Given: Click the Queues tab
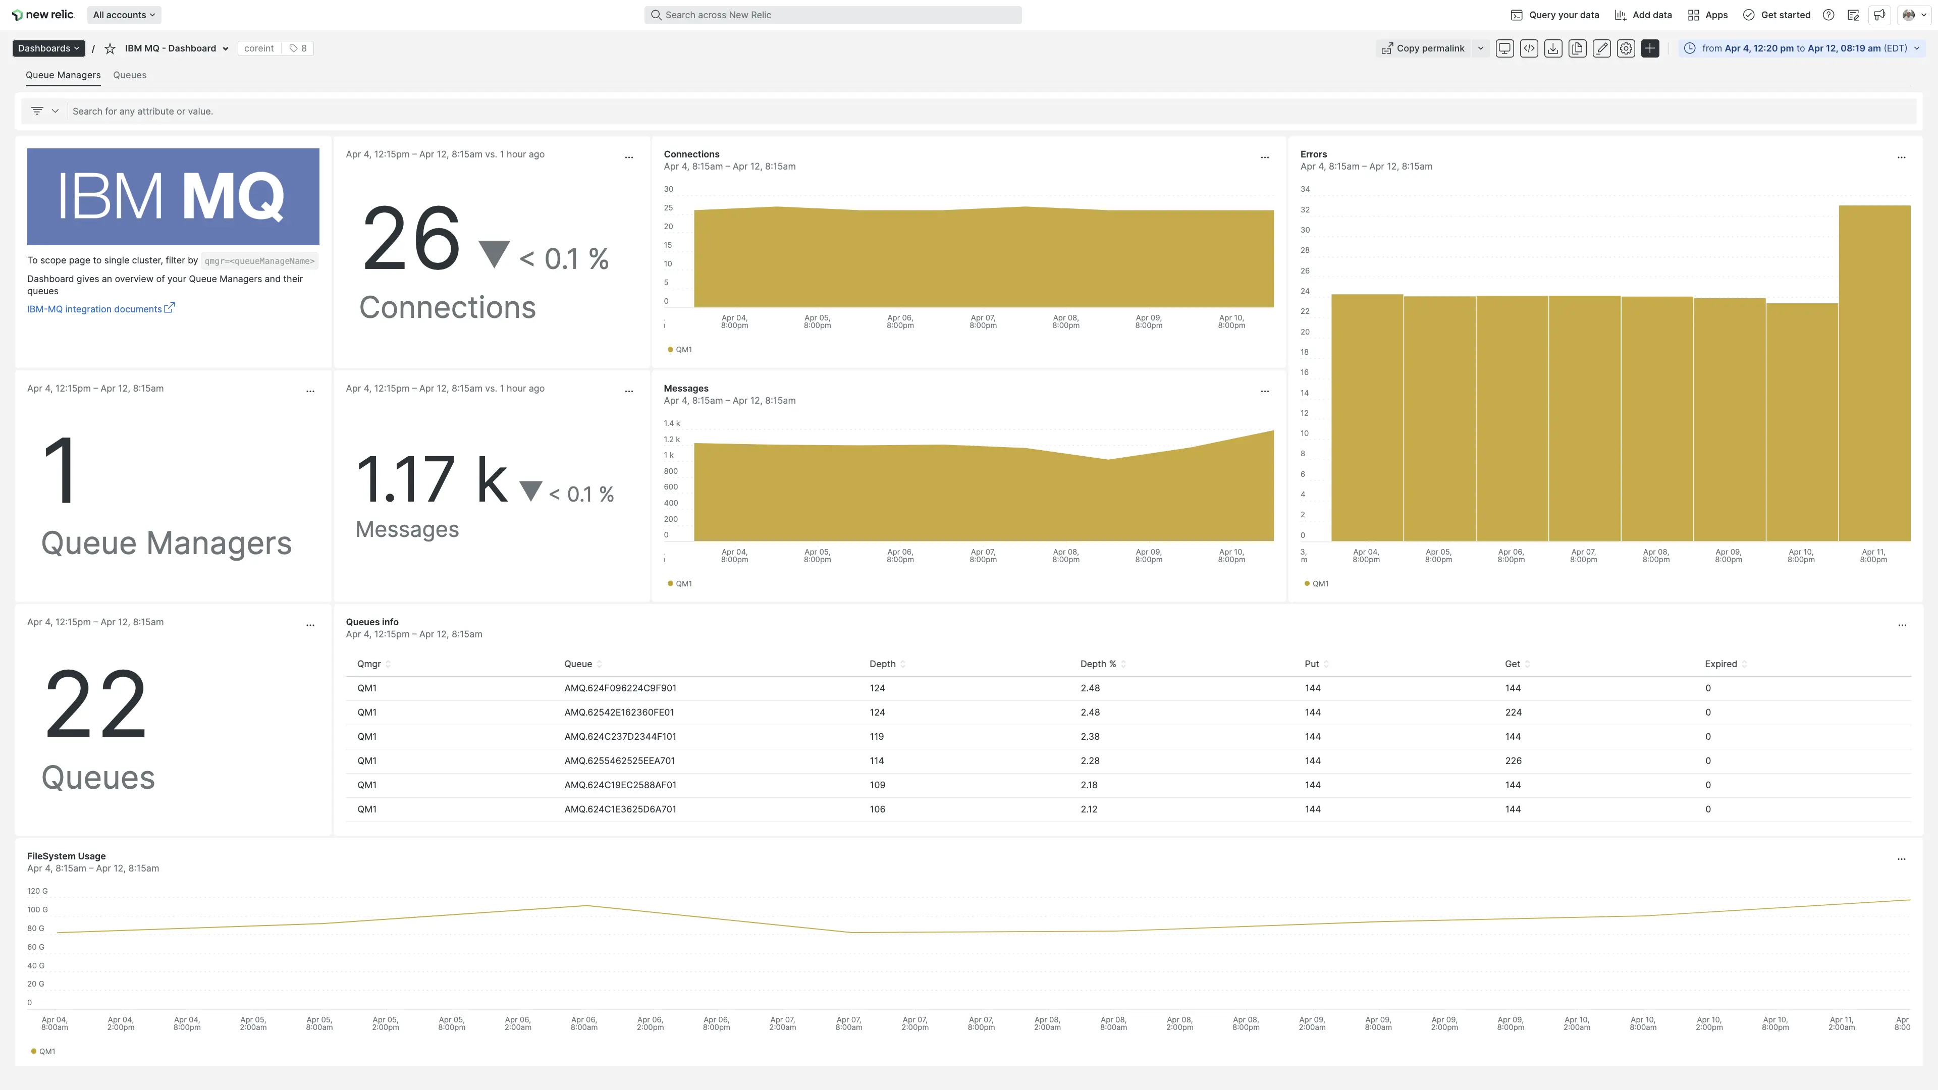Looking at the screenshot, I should click(129, 75).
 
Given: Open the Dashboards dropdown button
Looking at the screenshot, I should click(48, 48).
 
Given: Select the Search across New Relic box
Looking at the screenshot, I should click(833, 15).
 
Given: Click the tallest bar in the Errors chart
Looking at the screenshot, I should click(1874, 372).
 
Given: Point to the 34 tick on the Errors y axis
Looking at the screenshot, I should click(1305, 189).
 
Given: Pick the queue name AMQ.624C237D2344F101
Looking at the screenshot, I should click(620, 736).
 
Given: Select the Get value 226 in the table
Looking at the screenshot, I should click(1513, 760).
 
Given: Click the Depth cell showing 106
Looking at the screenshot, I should click(877, 809).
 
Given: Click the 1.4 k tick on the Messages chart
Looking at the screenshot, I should click(671, 423).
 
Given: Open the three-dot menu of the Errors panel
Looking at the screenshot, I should click(1901, 157).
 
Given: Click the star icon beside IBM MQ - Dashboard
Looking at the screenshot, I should click(110, 48).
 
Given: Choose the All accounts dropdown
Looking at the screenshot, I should click(124, 15).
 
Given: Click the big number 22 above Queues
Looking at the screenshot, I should click(95, 703).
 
